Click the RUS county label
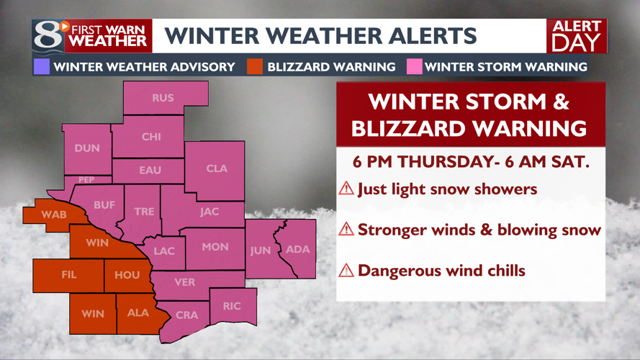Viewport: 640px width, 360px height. (x=163, y=98)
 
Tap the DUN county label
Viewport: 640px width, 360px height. (x=87, y=148)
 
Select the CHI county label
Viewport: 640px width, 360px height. (x=151, y=137)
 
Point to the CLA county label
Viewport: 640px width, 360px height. (x=217, y=168)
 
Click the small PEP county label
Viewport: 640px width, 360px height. (x=86, y=180)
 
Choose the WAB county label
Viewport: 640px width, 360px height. (x=54, y=215)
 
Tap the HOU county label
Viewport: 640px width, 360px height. (x=127, y=274)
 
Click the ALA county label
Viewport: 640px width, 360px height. (x=138, y=313)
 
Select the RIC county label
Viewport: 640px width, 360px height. (x=231, y=306)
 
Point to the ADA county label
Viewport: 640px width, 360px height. (x=298, y=249)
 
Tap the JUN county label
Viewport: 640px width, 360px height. (x=260, y=251)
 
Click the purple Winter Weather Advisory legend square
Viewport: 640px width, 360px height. (x=41, y=67)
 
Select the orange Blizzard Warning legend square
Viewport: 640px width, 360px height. (x=253, y=67)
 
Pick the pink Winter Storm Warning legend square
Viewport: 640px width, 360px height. (x=413, y=67)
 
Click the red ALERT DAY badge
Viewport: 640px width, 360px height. (x=576, y=36)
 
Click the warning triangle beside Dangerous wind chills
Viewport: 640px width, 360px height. (x=346, y=271)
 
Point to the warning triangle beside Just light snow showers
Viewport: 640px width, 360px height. (x=346, y=189)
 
